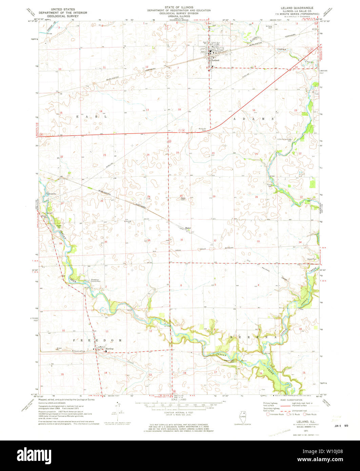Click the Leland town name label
tap(216, 60)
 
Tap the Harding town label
tap(109, 349)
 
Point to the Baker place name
tap(188, 228)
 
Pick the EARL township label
tap(92, 116)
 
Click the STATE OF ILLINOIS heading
tap(179, 7)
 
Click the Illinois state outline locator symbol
tap(241, 415)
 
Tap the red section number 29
tap(214, 197)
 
